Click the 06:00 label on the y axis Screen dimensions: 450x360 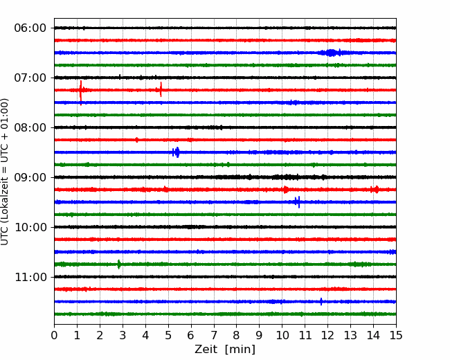coord(30,28)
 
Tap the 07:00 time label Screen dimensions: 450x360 coord(30,78)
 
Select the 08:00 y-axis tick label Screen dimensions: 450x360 coord(30,127)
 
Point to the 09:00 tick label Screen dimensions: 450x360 coord(30,177)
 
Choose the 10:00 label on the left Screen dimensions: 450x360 coord(30,227)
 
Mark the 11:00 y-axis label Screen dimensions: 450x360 coord(30,277)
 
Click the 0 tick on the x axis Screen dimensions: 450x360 coord(54,335)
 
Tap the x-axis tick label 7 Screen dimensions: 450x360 coord(214,335)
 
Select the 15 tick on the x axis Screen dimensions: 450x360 coord(396,335)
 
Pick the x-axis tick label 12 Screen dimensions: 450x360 coord(327,335)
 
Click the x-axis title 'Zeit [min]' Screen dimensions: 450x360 coord(225,350)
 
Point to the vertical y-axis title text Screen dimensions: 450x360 coord(5,172)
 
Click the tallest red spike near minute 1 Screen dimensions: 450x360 coord(81,93)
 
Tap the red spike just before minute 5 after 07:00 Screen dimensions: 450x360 coord(161,89)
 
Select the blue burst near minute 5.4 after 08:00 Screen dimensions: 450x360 coord(177,152)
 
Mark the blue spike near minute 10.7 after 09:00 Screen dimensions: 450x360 coord(298,202)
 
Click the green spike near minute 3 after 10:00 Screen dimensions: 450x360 coord(119,264)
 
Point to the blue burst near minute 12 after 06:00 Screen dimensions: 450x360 coord(331,53)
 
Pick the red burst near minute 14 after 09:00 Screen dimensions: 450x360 coord(375,190)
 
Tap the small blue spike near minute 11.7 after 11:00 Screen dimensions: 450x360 coord(321,301)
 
